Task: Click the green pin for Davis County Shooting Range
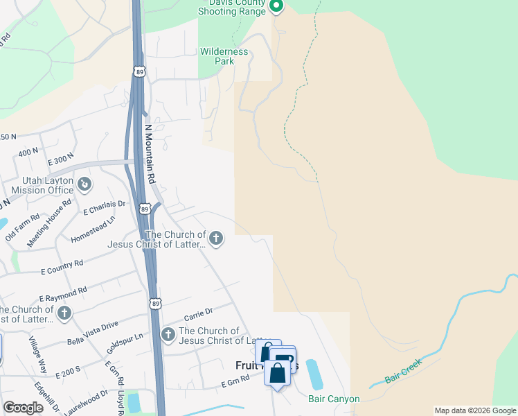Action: (x=276, y=7)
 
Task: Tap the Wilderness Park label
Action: (x=224, y=56)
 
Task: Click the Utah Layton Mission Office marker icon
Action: (x=84, y=184)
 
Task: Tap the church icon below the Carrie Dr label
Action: (x=168, y=336)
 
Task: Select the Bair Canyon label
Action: (x=334, y=399)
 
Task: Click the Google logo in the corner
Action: (x=24, y=408)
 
